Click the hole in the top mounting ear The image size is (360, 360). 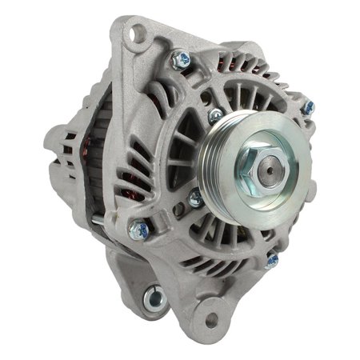click(140, 34)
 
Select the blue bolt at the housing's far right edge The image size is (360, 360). click(308, 106)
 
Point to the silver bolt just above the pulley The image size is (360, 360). click(214, 116)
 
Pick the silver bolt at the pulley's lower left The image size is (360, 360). click(194, 198)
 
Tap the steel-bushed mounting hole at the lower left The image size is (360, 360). click(152, 300)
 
